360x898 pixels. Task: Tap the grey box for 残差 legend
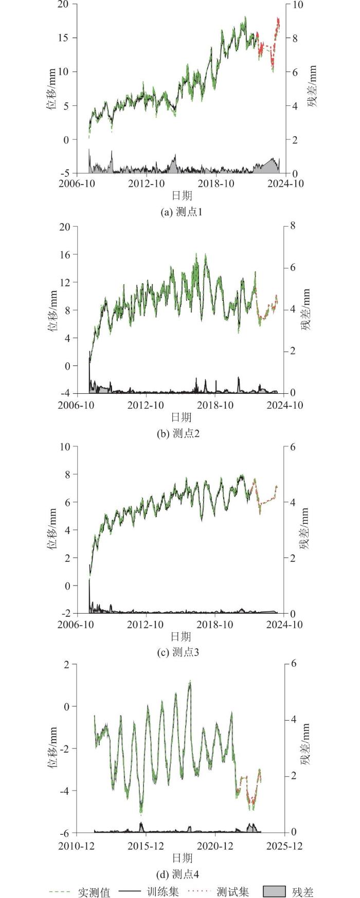(274, 892)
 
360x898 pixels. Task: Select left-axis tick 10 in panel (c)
(66, 446)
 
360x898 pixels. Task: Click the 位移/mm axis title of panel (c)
(52, 529)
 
